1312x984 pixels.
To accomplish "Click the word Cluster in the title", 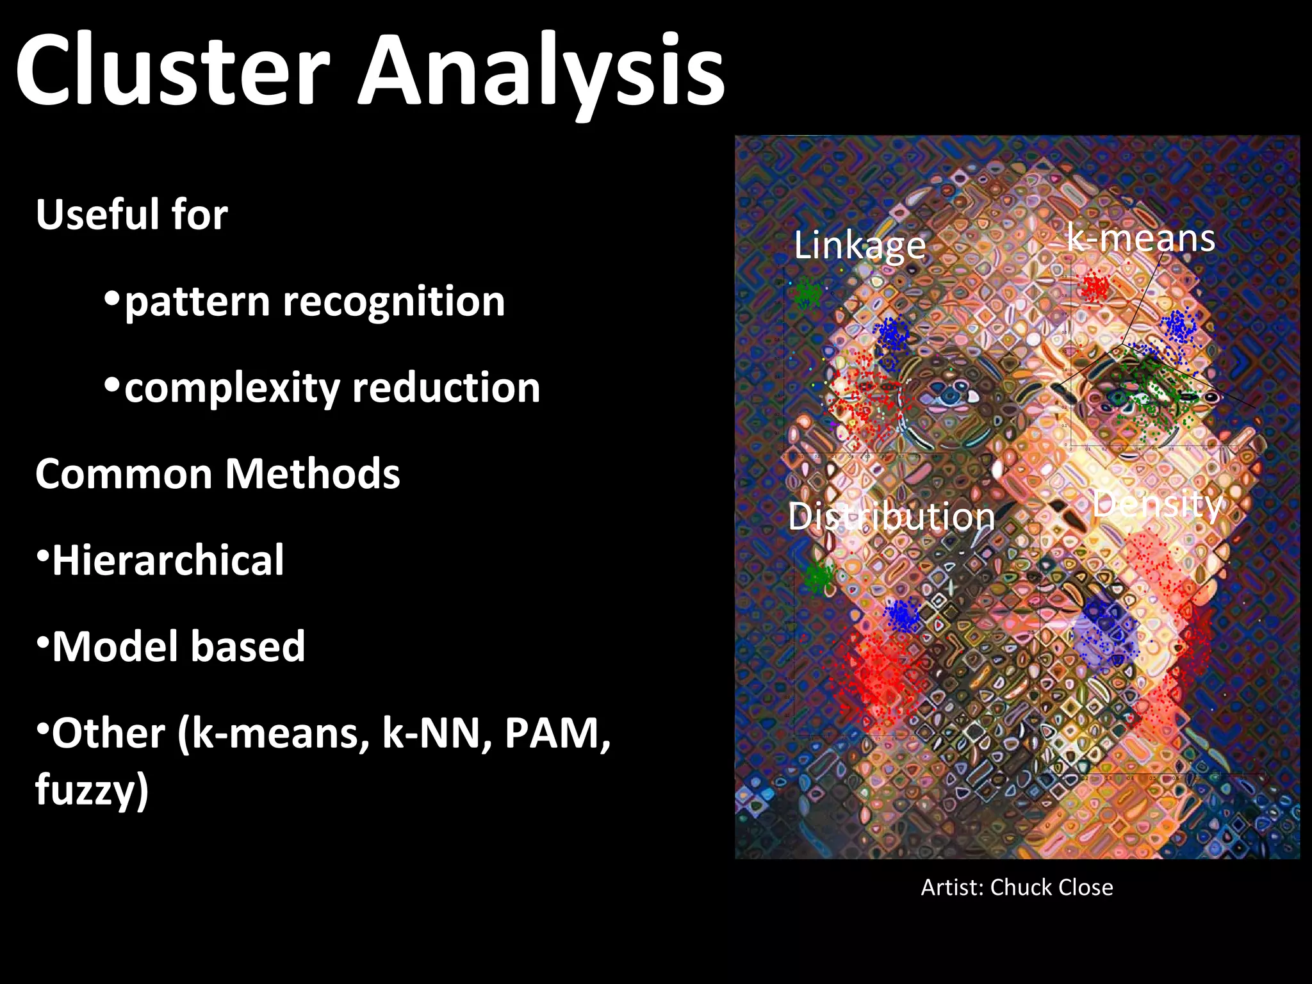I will [x=173, y=70].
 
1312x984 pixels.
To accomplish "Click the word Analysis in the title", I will [x=541, y=70].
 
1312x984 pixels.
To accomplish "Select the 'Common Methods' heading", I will [x=218, y=474].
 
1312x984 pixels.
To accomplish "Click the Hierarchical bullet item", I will [x=168, y=561].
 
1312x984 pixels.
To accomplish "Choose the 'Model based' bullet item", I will [x=178, y=647].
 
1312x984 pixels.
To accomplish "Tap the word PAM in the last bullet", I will [x=556, y=734].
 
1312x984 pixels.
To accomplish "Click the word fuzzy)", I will [x=92, y=789].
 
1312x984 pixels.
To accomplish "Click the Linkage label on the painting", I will [x=860, y=245].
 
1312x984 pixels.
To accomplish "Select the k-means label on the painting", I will [x=1140, y=238].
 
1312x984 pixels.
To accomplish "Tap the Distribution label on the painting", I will [x=891, y=516].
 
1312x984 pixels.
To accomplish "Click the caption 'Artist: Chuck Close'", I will [x=1017, y=887].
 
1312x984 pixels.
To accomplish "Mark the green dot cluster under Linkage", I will [x=807, y=293].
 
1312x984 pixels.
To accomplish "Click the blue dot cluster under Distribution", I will [x=902, y=615].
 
